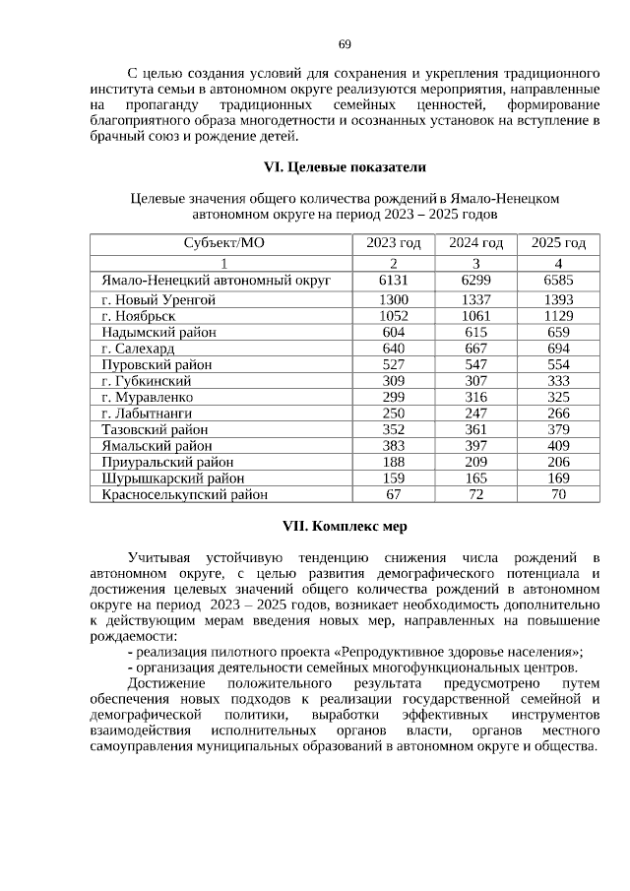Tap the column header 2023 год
pos(394,243)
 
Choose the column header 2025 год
pos(558,243)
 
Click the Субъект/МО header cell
pos(223,243)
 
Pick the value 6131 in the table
pos(394,281)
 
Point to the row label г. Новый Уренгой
pos(158,298)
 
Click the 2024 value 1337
pos(475,298)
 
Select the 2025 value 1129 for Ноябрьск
pos(558,315)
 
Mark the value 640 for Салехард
pos(394,348)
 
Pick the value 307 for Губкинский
pos(475,380)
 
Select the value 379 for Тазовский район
pos(558,429)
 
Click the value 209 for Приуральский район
pos(475,462)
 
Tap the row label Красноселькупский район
pos(185,494)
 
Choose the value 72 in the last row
pos(475,494)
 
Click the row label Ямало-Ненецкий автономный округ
pos(217,281)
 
